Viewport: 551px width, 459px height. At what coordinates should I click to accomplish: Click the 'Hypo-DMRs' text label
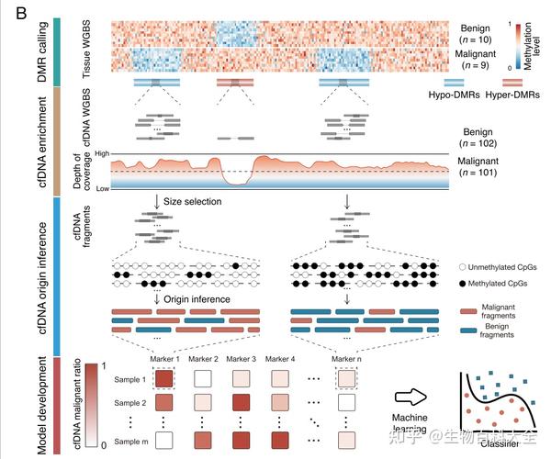451,95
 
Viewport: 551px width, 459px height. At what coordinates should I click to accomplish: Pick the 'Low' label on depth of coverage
101,188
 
